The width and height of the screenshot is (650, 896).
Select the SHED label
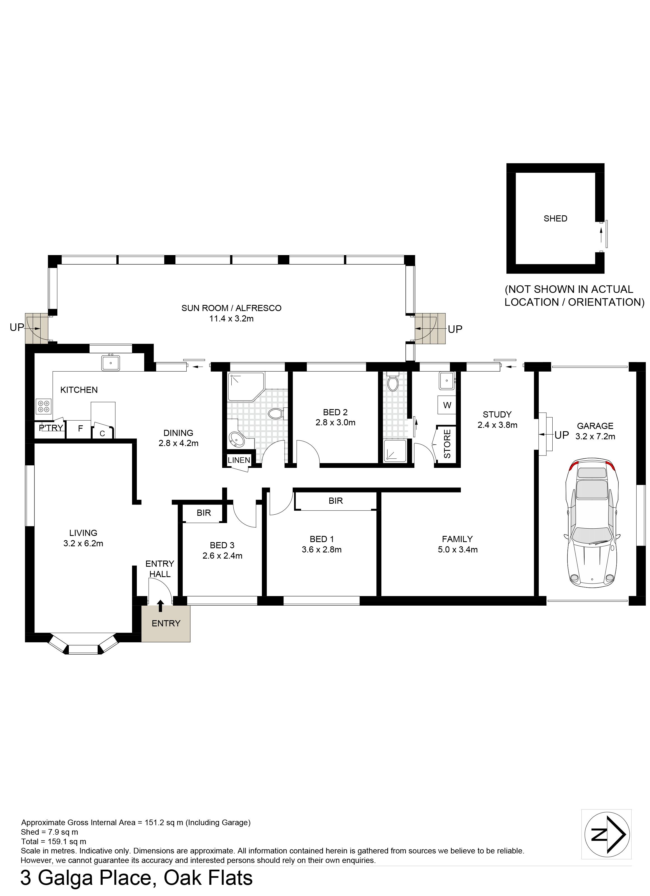555,218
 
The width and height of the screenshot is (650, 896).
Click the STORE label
447,444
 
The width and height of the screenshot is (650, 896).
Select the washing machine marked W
447,405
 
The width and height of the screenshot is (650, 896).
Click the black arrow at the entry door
160,605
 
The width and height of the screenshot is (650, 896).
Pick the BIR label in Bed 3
204,513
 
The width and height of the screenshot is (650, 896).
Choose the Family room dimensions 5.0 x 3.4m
458,550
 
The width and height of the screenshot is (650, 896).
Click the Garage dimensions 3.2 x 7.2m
595,437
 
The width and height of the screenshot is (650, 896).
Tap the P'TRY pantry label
51,428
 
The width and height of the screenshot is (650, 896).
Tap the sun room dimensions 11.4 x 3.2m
231,318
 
